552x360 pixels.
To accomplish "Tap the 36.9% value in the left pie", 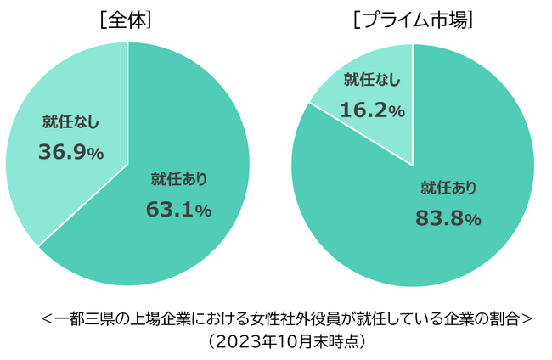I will point(71,152).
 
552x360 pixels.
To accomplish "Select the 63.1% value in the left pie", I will point(179,209).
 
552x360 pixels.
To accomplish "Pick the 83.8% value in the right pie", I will point(448,218).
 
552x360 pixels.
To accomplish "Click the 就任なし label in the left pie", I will point(71,122).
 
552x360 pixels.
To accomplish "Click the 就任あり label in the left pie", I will point(179,179).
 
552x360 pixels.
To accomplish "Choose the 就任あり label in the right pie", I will point(448,188).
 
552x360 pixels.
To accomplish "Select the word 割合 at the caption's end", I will point(504,320).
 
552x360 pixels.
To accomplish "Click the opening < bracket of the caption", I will point(45,320).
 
